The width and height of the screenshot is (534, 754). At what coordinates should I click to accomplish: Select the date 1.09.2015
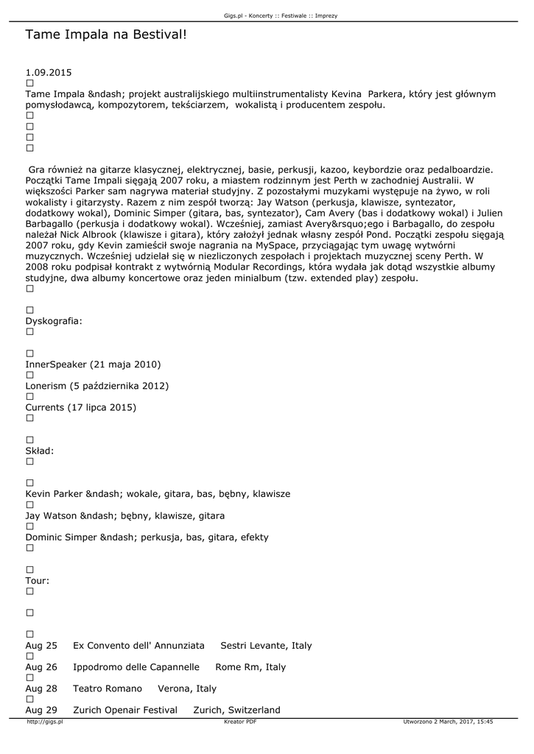click(49, 73)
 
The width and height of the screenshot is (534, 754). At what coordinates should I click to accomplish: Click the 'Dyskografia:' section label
click(54, 321)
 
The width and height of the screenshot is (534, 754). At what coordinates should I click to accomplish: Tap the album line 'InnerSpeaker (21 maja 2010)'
click(93, 364)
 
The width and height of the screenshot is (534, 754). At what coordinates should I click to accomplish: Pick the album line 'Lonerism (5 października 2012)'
click(97, 386)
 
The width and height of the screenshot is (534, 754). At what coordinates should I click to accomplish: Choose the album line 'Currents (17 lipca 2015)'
click(81, 407)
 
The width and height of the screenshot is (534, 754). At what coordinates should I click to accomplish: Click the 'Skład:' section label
click(40, 451)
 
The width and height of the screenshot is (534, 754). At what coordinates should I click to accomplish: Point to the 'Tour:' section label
click(38, 580)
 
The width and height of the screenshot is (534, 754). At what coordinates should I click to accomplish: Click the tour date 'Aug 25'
click(41, 646)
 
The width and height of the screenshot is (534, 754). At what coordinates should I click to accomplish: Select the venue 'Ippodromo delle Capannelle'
click(136, 667)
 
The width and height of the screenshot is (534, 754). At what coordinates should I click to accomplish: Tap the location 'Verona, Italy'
click(187, 688)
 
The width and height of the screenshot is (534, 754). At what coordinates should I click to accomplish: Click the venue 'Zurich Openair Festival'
click(125, 710)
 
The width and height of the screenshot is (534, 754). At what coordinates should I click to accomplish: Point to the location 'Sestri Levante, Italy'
click(266, 646)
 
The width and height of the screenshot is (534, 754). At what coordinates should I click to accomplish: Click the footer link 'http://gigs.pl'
click(45, 722)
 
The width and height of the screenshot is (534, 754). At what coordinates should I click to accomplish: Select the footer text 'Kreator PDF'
click(240, 722)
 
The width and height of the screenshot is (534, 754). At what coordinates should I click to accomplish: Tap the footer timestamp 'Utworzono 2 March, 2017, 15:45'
click(448, 722)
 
